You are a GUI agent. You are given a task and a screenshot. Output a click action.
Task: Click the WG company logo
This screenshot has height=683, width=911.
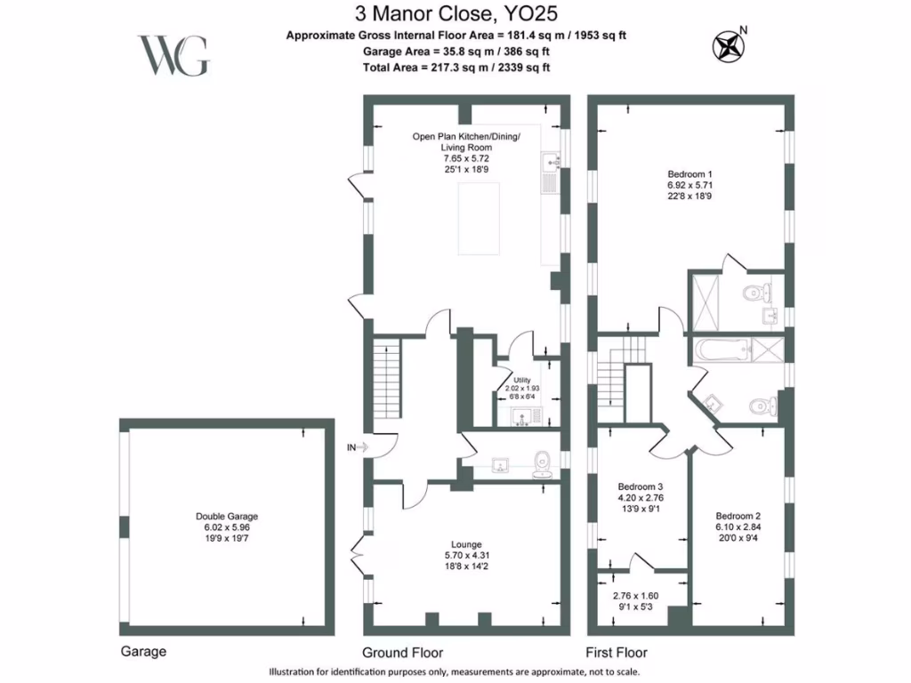(x=173, y=55)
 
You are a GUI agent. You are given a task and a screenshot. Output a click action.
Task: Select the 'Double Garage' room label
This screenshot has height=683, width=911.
(x=227, y=516)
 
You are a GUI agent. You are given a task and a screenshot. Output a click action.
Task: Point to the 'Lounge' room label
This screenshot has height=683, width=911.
(x=466, y=544)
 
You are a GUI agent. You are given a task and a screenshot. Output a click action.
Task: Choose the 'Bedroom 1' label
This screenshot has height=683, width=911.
(x=690, y=173)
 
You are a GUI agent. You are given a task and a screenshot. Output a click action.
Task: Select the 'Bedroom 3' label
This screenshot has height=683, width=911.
(x=641, y=486)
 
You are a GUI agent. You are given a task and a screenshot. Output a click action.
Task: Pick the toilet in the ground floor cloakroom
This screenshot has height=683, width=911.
(x=544, y=461)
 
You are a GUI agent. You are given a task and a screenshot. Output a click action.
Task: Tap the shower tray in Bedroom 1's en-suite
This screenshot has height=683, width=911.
(x=710, y=302)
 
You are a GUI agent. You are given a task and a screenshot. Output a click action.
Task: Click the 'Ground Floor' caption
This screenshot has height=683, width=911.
(x=402, y=652)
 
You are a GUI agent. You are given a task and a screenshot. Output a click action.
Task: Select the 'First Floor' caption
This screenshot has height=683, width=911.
(x=617, y=652)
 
